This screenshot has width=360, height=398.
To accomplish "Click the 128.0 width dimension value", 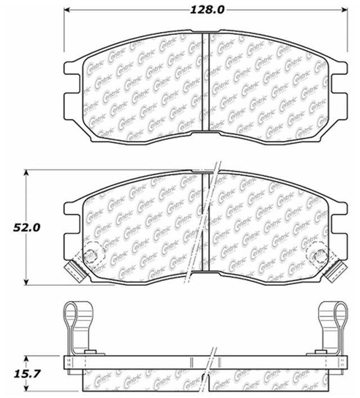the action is (x=207, y=10).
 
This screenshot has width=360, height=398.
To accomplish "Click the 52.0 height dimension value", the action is (x=26, y=227).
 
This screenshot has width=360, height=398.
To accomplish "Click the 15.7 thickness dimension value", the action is (x=26, y=374).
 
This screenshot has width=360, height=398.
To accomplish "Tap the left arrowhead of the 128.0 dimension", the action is (x=66, y=10).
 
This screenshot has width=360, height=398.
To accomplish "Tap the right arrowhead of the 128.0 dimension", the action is (x=344, y=10).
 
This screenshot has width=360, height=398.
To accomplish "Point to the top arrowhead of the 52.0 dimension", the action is (x=26, y=173).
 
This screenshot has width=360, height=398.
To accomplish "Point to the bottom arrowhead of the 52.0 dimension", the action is (x=26, y=281).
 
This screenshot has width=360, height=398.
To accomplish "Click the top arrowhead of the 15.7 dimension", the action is (x=26, y=359).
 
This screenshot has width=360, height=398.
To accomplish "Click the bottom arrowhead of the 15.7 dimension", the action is (x=26, y=388).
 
